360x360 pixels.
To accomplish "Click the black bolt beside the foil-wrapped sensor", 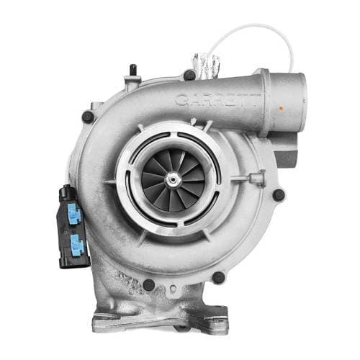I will [189, 74].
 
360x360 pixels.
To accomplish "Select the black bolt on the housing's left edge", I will [87, 116].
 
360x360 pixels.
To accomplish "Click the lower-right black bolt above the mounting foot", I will [218, 277].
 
